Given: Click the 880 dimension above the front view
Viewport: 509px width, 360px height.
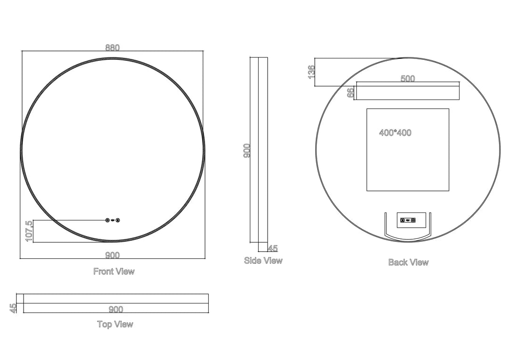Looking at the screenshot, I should pyautogui.click(x=113, y=48).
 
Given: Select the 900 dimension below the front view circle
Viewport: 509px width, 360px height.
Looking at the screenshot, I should pyautogui.click(x=113, y=255).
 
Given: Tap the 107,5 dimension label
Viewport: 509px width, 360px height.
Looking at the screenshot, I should pyautogui.click(x=29, y=231).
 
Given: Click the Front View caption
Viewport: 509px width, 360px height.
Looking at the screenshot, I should pyautogui.click(x=114, y=271).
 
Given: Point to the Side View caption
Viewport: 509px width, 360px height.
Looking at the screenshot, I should pyautogui.click(x=263, y=260).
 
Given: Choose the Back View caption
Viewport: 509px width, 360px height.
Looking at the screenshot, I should pyautogui.click(x=408, y=262).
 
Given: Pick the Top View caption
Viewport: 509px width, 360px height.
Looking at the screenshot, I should pyautogui.click(x=115, y=324).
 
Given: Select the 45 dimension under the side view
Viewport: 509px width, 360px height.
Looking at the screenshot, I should pyautogui.click(x=272, y=248).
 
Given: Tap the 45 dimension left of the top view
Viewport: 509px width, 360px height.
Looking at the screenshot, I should pyautogui.click(x=13, y=308).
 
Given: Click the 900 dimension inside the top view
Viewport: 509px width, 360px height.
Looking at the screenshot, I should pyautogui.click(x=116, y=309).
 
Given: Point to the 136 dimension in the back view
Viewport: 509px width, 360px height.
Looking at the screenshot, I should pyautogui.click(x=311, y=72).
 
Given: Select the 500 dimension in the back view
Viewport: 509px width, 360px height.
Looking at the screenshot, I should pyautogui.click(x=408, y=79).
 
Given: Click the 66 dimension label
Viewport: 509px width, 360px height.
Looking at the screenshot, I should pyautogui.click(x=350, y=92).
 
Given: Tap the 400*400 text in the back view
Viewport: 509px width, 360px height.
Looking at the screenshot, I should pyautogui.click(x=395, y=133).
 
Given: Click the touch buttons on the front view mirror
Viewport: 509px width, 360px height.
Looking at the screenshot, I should pyautogui.click(x=113, y=220).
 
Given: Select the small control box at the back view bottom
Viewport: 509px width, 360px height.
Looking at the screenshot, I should pyautogui.click(x=408, y=220).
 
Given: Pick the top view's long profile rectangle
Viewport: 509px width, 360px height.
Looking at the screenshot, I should pyautogui.click(x=116, y=303).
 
